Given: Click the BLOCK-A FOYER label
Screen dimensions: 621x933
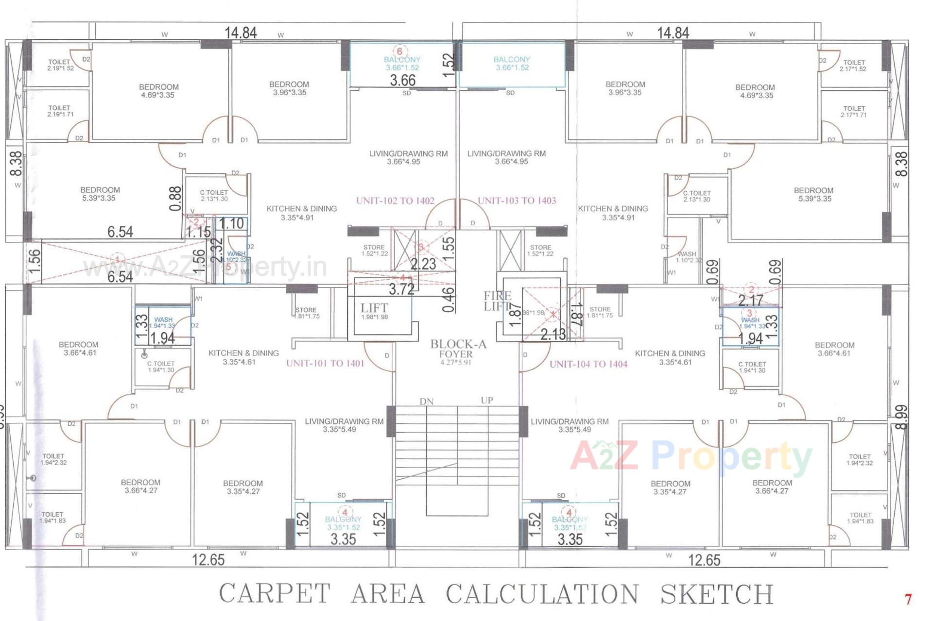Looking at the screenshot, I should [x=458, y=349].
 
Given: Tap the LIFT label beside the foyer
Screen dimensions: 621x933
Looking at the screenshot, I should [x=374, y=308].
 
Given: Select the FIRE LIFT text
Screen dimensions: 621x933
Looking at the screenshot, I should [x=497, y=301].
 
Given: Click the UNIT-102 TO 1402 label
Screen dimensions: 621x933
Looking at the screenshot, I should [x=395, y=201].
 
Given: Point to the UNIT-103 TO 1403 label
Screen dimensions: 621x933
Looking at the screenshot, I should [x=517, y=201].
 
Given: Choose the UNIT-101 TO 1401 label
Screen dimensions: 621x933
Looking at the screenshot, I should [x=325, y=363].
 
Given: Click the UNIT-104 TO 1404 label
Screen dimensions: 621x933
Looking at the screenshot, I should [x=588, y=364].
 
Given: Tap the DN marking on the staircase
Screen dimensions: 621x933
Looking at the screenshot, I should [x=427, y=402].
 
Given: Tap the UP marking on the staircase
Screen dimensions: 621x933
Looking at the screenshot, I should [x=487, y=401].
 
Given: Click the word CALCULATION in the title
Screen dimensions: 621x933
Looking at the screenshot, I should [x=542, y=594].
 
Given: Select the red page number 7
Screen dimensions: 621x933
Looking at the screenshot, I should [x=908, y=600].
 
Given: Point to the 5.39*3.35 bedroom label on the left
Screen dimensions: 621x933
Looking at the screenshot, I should [x=100, y=194].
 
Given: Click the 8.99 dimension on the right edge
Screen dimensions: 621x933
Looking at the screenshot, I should [x=901, y=417].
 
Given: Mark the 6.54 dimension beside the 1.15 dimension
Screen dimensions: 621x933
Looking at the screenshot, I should [x=120, y=232].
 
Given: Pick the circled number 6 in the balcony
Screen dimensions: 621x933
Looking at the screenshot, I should [x=399, y=51].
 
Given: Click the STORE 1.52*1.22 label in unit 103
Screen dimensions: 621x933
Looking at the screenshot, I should [x=540, y=251].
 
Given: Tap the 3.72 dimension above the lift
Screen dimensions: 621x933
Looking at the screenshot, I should [x=401, y=289].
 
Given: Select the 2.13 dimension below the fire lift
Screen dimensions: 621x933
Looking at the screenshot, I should [x=553, y=334].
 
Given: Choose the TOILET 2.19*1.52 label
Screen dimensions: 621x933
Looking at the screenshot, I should [x=60, y=65].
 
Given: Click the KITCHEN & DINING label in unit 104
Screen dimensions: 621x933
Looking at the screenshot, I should [x=670, y=357].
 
